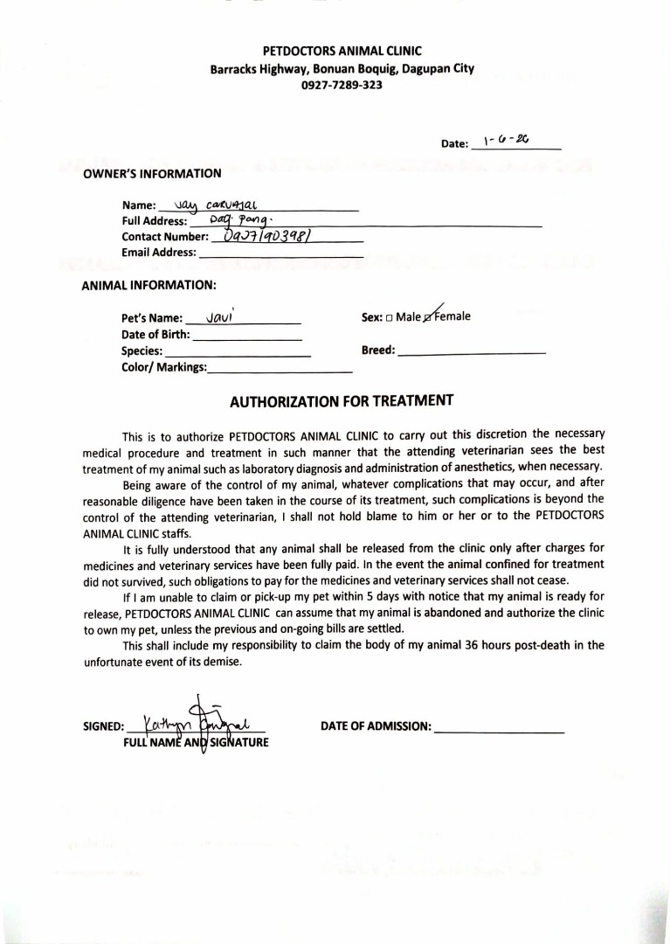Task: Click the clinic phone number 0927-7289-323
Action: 342,86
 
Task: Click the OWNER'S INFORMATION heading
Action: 152,173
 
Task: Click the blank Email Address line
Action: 280,253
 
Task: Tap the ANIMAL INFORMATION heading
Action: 149,285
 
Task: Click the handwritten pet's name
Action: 218,318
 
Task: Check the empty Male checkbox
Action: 389,317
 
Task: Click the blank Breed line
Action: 471,351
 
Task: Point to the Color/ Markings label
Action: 164,367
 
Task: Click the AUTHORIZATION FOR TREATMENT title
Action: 342,402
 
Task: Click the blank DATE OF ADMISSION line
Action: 499,727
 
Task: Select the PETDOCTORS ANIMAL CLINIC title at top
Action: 342,52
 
